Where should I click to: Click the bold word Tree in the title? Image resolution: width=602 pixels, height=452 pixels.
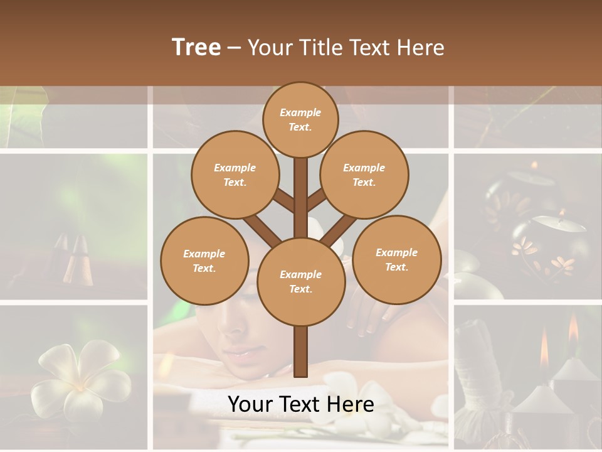pos(196,48)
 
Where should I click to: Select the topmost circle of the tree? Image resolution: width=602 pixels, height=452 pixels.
pos(300,119)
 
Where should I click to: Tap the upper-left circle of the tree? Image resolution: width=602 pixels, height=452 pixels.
pos(235,175)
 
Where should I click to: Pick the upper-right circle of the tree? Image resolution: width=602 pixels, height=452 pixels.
pos(364,175)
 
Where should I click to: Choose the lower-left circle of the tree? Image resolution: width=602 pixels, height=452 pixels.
pos(204,261)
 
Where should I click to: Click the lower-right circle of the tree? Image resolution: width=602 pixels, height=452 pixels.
pos(396,259)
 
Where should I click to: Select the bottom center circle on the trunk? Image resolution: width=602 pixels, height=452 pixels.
pos(300,281)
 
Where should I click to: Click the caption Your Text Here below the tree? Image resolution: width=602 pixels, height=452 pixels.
pos(300,404)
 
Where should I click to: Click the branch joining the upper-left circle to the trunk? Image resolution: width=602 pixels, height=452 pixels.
pos(283,202)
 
